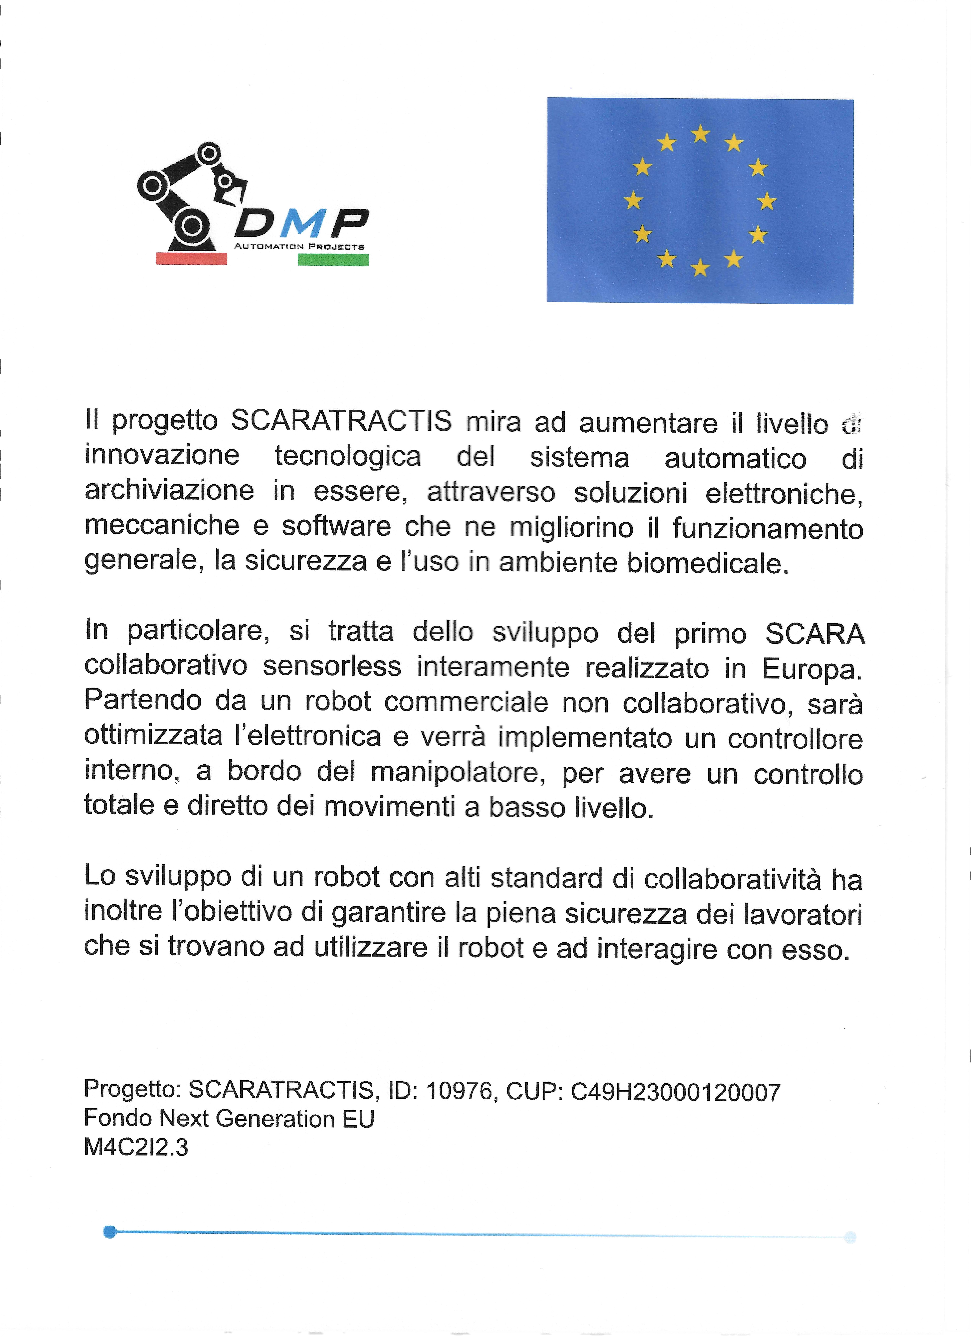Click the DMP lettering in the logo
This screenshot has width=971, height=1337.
(302, 223)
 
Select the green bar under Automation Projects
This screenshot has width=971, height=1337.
(333, 259)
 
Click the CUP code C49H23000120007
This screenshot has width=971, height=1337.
(676, 1092)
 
